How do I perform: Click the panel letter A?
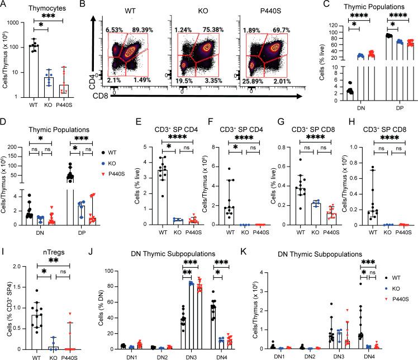(x=4, y=6)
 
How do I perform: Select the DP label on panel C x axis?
(x=380, y=108)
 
